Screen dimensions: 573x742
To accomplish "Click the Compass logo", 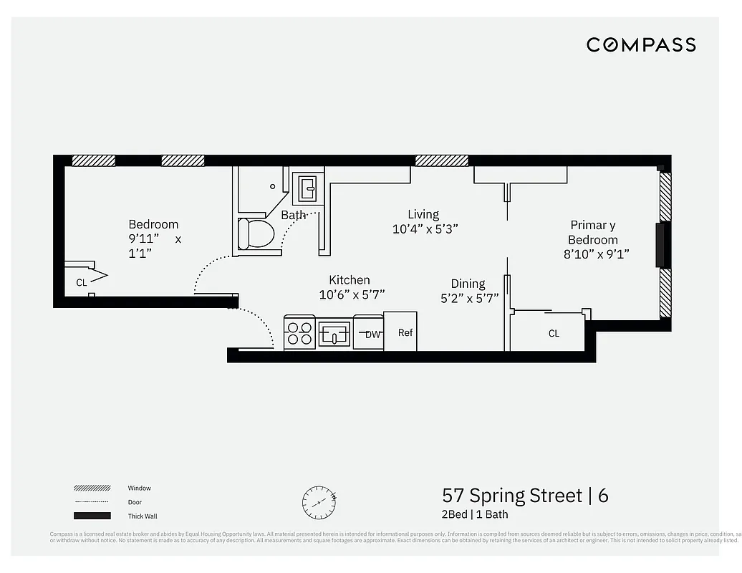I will pos(641,44).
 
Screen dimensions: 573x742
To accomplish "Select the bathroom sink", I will pos(308,188).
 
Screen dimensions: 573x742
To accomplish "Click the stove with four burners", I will pos(299,333).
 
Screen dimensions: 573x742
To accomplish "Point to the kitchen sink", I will pos(334,334).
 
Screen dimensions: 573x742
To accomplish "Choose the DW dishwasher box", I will pos(370,334).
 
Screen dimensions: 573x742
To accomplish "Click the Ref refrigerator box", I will pos(401,332).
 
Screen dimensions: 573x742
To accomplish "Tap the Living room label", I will pos(423,214).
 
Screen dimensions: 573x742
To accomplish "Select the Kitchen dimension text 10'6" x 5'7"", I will pos(352,294).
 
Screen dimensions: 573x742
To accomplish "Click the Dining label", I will pos(468,284).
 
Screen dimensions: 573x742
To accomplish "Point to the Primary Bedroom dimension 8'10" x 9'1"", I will pos(596,254).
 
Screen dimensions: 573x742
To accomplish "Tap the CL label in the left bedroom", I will pos(81,282).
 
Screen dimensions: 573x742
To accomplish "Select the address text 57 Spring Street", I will pos(511,495).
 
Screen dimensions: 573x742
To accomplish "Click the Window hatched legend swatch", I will pos(92,488).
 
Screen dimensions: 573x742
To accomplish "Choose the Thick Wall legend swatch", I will pos(92,516).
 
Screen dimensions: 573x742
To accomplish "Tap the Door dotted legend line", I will pos(92,502).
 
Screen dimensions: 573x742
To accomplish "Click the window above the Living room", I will pos(442,160).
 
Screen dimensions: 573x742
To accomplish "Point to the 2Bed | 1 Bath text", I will pos(475,514).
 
